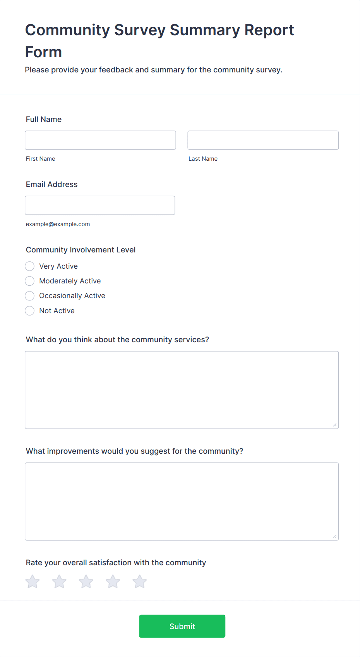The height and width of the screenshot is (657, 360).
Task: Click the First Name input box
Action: pos(100,140)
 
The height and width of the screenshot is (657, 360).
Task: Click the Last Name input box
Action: pos(263,140)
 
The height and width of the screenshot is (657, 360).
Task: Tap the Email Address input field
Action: pos(100,205)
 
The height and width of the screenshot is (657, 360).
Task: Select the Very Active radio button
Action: pos(30,266)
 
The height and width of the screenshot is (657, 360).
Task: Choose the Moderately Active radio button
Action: pos(30,281)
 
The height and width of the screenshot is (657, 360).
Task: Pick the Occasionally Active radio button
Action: pos(30,296)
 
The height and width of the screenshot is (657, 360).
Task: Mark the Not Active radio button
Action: pos(30,310)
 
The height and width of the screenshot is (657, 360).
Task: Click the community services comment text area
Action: pos(182,389)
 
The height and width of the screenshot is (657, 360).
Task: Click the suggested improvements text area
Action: pos(182,501)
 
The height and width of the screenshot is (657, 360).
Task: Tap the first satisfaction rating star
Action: pos(33,582)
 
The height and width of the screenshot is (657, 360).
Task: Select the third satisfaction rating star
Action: pos(86,582)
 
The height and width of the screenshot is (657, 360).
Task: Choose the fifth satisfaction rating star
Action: pos(139,582)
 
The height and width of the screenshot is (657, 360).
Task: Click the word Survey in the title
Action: pos(140,30)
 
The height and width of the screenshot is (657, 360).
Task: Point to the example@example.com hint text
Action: pos(58,224)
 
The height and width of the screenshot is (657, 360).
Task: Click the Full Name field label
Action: pos(44,119)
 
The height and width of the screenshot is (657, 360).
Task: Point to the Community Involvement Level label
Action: pos(81,250)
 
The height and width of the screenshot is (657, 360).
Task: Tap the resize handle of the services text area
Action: pos(335,425)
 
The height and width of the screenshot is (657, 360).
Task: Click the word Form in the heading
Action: pos(43,52)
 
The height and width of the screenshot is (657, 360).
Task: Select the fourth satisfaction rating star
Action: pos(113,582)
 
